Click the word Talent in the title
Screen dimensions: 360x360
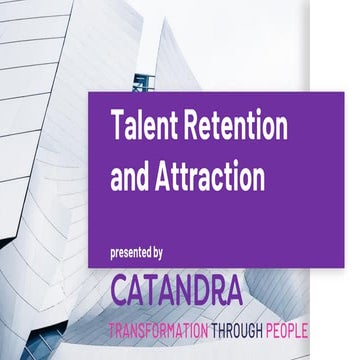click(143, 127)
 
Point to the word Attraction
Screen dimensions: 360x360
click(213, 176)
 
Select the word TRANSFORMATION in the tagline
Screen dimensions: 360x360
click(159, 330)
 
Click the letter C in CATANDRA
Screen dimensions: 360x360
click(123, 291)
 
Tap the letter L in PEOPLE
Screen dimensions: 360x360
click(298, 330)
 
